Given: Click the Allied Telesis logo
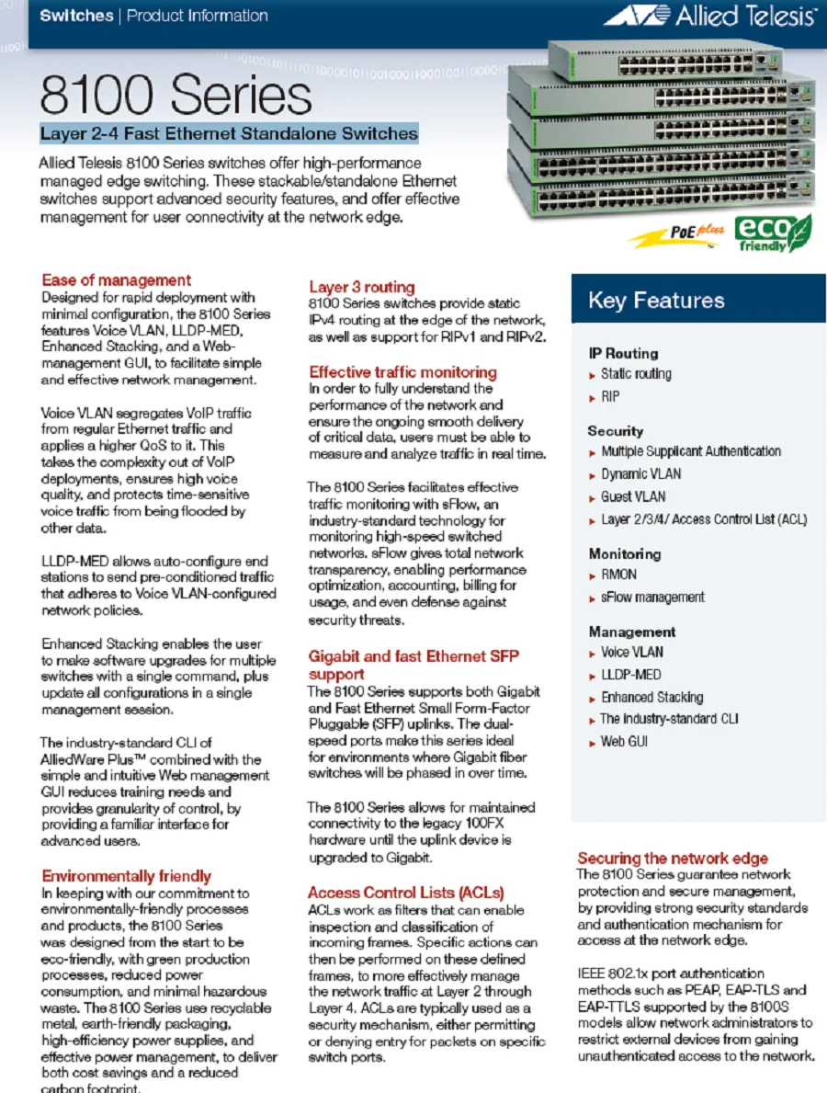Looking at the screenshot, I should click(709, 16).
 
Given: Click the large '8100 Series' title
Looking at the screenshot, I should click(176, 95).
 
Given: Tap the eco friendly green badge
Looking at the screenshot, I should click(773, 233).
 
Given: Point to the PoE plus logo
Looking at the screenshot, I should click(677, 234).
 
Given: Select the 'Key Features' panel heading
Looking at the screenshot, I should click(656, 301).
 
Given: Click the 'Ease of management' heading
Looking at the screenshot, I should click(117, 280).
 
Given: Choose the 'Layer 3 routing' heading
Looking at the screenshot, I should click(361, 287).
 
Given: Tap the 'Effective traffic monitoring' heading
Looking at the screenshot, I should click(402, 372).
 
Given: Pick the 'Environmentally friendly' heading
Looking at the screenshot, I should click(126, 875).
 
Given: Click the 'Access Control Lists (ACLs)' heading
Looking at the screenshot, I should click(405, 893).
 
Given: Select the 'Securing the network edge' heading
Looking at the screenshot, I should click(673, 858).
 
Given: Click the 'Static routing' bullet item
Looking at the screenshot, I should click(636, 374).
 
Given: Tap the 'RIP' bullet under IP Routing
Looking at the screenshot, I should click(610, 397).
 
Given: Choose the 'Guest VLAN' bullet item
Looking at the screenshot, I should click(633, 496).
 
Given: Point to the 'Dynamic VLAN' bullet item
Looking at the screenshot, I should click(641, 474).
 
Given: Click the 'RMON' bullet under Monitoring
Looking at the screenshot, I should click(618, 575).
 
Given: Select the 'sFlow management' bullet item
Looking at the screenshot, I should click(652, 598).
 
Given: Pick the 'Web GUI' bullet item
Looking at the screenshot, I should click(624, 741).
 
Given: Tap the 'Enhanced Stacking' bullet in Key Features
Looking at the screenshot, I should click(651, 697).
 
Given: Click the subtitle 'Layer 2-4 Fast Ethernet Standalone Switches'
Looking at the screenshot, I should click(229, 134).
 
